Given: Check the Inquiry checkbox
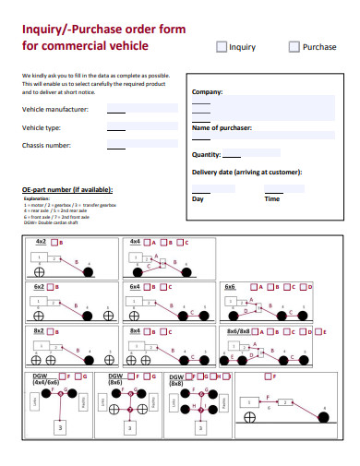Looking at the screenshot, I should click(x=222, y=46).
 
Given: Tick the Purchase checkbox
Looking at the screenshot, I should click(x=294, y=46).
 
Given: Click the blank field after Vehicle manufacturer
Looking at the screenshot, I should click(x=117, y=110).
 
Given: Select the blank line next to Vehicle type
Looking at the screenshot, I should click(x=117, y=128).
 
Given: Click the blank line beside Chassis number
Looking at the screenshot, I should click(x=117, y=146).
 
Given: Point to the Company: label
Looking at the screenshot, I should click(x=208, y=92).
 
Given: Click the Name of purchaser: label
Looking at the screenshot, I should click(x=222, y=126).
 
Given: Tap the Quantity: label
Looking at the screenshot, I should click(x=207, y=154).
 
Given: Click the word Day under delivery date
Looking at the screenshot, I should click(x=198, y=198).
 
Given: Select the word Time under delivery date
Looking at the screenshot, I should click(x=272, y=198).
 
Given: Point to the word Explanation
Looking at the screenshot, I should click(x=37, y=197).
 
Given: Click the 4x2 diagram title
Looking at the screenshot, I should click(x=41, y=241).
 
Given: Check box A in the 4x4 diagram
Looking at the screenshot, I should click(x=147, y=243).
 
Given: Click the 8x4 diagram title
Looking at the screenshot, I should click(x=135, y=330).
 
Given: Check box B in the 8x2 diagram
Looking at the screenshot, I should click(x=53, y=331).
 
